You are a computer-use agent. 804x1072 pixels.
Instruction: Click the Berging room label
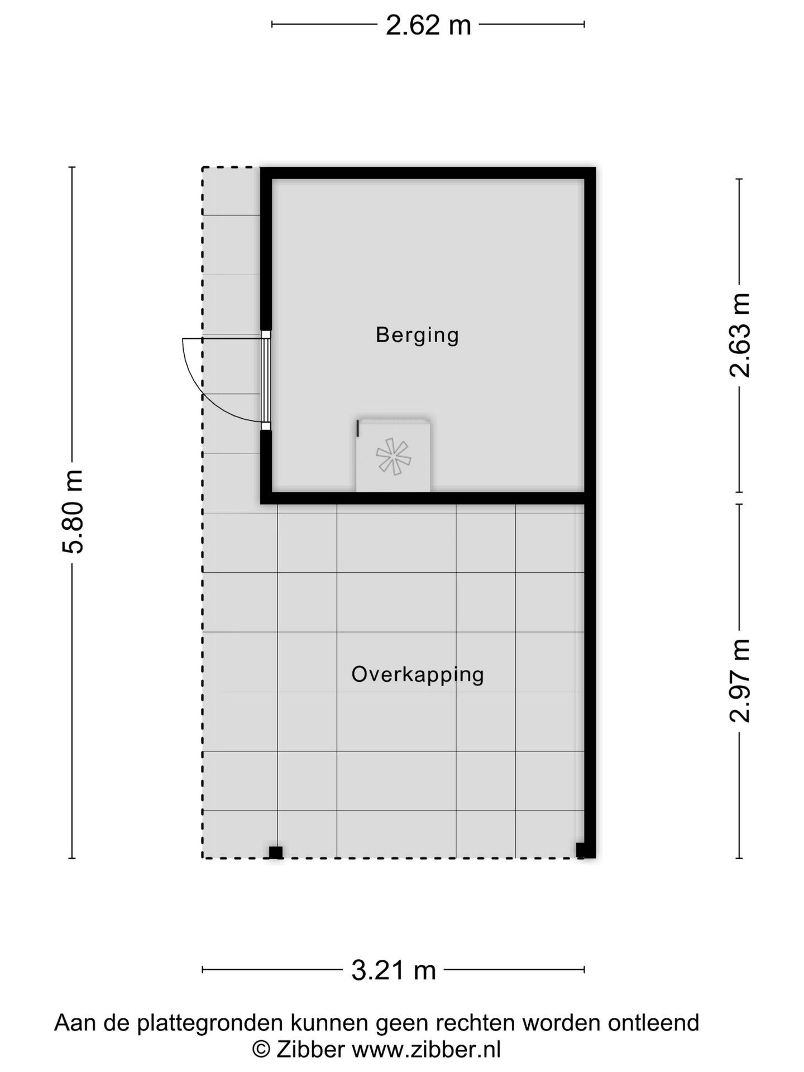click(417, 335)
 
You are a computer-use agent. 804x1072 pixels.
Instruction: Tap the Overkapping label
click(417, 674)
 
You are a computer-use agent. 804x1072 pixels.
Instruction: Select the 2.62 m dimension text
click(428, 25)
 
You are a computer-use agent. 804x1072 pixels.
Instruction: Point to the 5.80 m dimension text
click(73, 512)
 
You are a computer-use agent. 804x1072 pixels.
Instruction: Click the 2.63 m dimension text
click(740, 335)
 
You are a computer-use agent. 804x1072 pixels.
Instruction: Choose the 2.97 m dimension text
click(740, 681)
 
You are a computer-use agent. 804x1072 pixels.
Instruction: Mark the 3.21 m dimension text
click(393, 970)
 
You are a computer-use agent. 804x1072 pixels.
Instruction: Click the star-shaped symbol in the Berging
click(394, 456)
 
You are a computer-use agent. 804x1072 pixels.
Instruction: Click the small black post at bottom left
click(276, 853)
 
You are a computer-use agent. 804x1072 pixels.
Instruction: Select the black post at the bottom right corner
click(583, 850)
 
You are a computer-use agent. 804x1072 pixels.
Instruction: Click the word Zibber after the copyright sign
click(310, 1049)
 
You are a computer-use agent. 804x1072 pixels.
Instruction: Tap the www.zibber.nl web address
click(426, 1049)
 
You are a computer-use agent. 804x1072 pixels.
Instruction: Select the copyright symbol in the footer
click(261, 1050)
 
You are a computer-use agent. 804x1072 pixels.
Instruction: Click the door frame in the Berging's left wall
click(266, 380)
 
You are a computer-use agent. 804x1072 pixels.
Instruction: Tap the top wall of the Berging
click(428, 173)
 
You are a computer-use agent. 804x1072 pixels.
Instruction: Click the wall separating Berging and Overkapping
click(428, 498)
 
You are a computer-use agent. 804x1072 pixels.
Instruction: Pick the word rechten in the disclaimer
click(476, 1023)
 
